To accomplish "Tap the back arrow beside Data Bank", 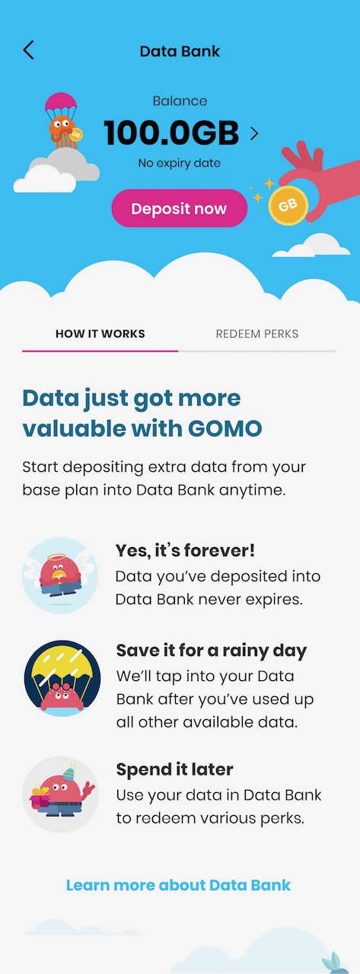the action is [x=28, y=50].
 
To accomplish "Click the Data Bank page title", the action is [x=180, y=51].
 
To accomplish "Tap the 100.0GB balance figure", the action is [x=171, y=132].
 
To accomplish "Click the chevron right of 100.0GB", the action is [x=254, y=133].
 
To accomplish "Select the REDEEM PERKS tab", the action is [x=257, y=334].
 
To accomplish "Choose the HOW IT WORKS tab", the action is [x=100, y=334].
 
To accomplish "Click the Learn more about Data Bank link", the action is [x=178, y=885].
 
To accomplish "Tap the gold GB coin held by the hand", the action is [x=288, y=205].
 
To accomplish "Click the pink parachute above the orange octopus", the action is [x=61, y=102].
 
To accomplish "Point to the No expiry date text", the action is [x=179, y=163].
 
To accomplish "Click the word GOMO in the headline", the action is [x=225, y=428].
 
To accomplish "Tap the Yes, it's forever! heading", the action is [x=185, y=550].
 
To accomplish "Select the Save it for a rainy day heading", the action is [x=212, y=651].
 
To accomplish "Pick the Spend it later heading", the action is [x=174, y=769].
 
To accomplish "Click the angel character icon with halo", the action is [x=60, y=575].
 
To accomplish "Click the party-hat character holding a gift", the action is [x=60, y=794].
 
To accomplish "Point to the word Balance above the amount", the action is [x=180, y=101].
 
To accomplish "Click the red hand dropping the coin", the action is [x=320, y=176].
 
